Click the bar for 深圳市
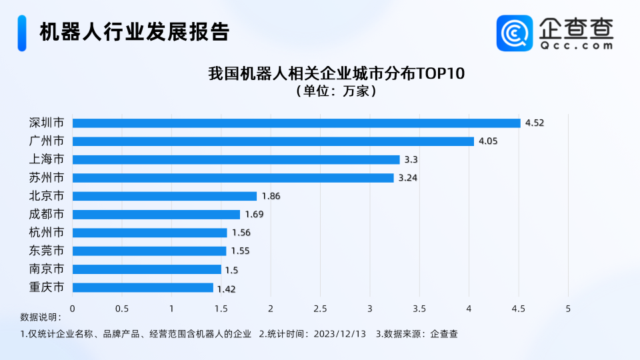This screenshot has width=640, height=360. coord(296,123)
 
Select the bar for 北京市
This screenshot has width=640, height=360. coord(164,196)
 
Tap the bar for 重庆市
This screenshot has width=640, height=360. coord(143,288)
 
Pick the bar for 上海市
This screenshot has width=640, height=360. coord(236,160)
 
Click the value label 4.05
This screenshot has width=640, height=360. coord(488,141)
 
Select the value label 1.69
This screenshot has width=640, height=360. coord(255,215)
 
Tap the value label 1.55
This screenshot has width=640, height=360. coord(241,251)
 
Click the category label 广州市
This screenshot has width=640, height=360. coord(47,141)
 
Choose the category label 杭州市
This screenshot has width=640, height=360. coord(47,233)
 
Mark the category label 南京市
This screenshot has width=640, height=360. coord(47,269)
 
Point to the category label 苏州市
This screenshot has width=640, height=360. coord(47,178)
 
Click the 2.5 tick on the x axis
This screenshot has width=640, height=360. coord(320,309)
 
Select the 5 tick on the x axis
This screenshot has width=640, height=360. coord(568,309)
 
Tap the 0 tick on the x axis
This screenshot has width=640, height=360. coord(72,309)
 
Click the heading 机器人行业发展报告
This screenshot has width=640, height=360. coord(134,32)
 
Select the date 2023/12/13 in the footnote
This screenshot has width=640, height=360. coord(339,334)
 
